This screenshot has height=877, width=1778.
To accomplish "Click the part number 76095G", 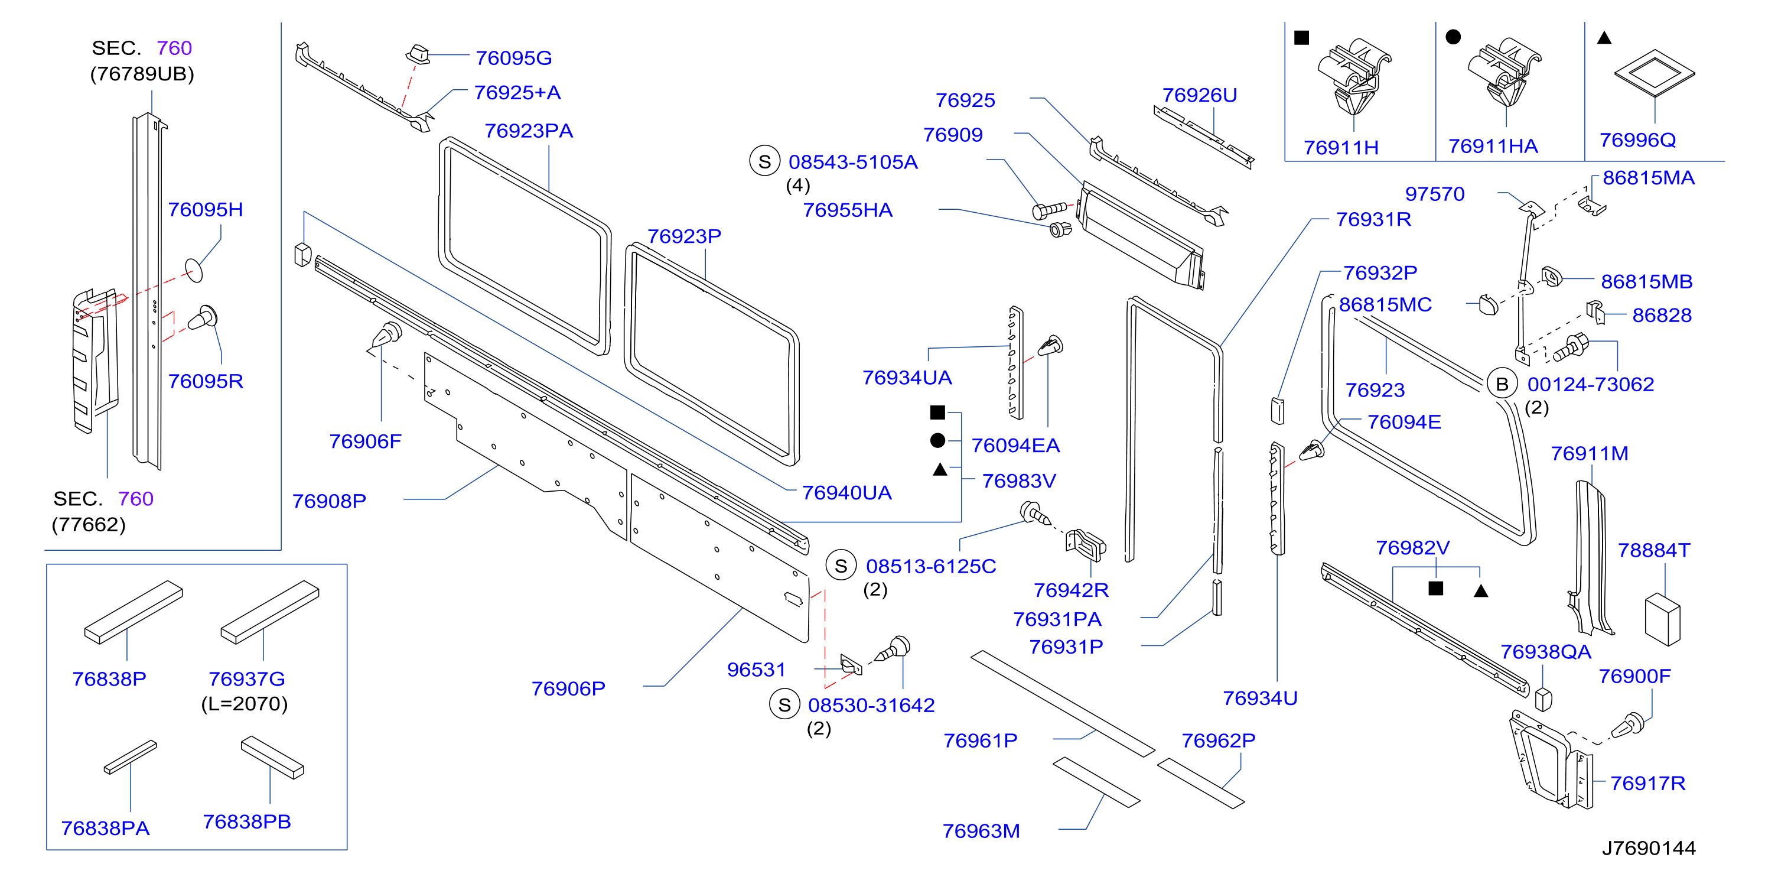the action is (x=513, y=58).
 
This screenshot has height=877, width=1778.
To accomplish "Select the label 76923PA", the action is (x=529, y=131).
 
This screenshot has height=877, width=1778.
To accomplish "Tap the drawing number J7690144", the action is (x=1648, y=848).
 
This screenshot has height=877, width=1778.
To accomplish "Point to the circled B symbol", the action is (x=1502, y=384).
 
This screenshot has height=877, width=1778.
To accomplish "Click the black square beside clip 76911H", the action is (x=1301, y=37).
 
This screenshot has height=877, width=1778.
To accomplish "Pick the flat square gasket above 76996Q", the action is (x=1655, y=73).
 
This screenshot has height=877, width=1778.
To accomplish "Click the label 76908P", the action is (x=329, y=501).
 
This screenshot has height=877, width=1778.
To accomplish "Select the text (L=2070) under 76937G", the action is (x=245, y=704).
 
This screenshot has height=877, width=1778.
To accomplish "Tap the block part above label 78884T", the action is (x=1663, y=619).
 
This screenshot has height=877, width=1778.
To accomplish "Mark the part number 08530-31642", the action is (x=871, y=705).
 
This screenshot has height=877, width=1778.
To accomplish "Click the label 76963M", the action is (x=981, y=831).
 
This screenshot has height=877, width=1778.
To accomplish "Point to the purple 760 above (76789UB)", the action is (x=174, y=48).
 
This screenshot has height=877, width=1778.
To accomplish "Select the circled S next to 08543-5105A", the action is (x=765, y=161).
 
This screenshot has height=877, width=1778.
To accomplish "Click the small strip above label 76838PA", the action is (x=131, y=757).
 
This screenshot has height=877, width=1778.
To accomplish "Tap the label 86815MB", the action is (x=1646, y=282).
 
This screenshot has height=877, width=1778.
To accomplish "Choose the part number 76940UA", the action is (x=846, y=492).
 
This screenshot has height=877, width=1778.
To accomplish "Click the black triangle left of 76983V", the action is (x=939, y=470).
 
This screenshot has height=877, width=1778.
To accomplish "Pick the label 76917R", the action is (x=1647, y=783).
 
